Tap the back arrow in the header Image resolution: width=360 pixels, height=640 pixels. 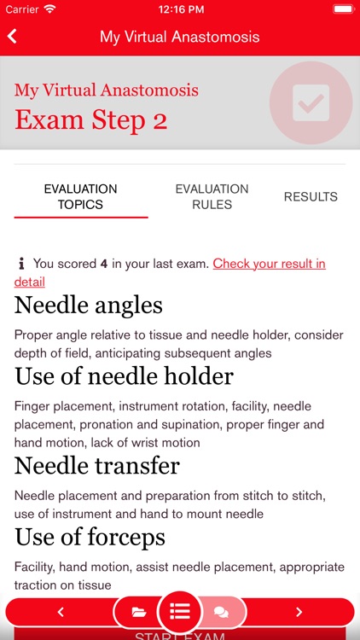(x=12, y=37)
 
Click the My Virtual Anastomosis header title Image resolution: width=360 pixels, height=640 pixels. (x=179, y=37)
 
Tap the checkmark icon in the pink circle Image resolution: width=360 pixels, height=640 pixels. (x=311, y=102)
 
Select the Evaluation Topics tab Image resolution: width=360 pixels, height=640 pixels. (x=80, y=196)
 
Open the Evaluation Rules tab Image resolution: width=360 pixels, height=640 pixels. (x=212, y=196)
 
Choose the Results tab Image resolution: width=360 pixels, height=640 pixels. (x=311, y=196)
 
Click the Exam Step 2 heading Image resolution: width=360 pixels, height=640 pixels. (x=91, y=120)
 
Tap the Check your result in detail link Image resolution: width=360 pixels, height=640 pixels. (x=269, y=264)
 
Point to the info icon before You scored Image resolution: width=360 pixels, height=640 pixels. (x=21, y=264)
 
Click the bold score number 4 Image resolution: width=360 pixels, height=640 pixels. (x=104, y=264)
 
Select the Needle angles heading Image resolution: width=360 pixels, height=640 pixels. (x=89, y=305)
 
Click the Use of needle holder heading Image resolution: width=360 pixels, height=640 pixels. (x=124, y=375)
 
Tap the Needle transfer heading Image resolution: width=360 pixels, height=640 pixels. (x=97, y=466)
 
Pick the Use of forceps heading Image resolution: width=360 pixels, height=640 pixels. (x=90, y=538)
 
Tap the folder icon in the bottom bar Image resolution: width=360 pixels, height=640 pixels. (x=139, y=612)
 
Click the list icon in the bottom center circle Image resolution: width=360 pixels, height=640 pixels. (x=180, y=612)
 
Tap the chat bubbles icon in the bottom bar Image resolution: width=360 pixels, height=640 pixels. (x=221, y=612)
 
